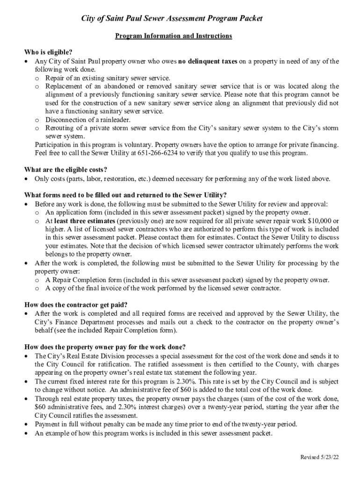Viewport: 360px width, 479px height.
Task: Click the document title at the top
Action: [x=172, y=19]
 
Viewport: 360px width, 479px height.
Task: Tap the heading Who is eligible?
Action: [x=48, y=52]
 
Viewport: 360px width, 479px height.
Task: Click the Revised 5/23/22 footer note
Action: [x=319, y=457]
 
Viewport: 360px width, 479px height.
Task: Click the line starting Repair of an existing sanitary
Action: [x=108, y=78]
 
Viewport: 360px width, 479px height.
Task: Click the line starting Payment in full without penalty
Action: [x=166, y=424]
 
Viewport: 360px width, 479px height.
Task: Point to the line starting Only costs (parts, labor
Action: [x=182, y=179]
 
